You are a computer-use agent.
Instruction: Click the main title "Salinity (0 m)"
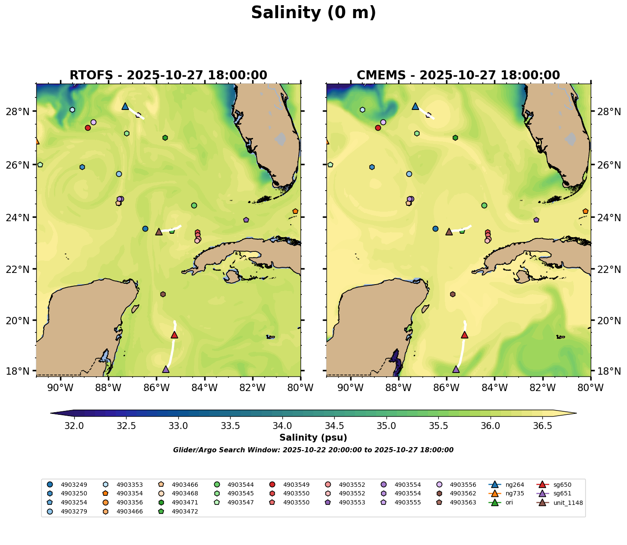click(x=313, y=13)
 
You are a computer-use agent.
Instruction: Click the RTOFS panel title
click(x=168, y=75)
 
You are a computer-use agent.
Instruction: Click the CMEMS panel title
click(x=458, y=75)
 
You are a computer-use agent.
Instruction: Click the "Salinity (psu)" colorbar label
click(x=313, y=438)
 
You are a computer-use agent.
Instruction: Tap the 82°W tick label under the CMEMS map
click(x=542, y=388)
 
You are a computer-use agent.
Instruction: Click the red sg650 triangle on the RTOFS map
click(x=174, y=335)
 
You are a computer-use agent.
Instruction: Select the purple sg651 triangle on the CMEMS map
click(x=456, y=369)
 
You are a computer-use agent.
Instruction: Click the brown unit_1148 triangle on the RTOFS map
click(x=159, y=232)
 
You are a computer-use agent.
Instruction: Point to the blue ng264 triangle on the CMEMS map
click(x=415, y=106)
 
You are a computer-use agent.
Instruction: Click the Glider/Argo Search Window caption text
click(x=313, y=450)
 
